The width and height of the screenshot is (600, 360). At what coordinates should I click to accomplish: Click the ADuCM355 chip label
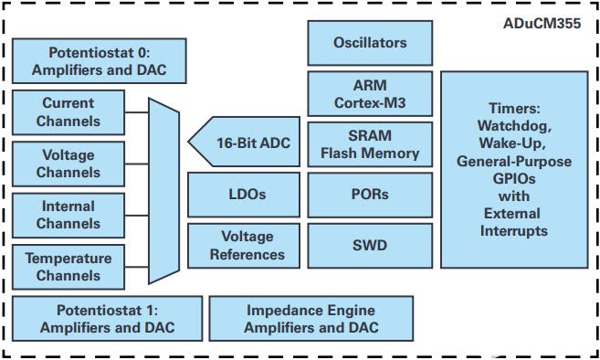pos(542,24)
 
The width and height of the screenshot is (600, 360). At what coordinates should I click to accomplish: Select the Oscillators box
pos(370,43)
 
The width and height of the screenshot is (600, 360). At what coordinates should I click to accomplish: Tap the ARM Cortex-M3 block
pos(370,93)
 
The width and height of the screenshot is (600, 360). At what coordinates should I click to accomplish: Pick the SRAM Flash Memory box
pos(370,144)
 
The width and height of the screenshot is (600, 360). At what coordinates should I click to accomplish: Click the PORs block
pos(370,195)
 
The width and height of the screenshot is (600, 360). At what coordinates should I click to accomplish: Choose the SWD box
pos(370,246)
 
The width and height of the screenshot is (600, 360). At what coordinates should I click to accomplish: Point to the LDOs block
pos(244,195)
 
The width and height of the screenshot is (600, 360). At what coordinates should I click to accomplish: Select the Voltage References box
pos(244,246)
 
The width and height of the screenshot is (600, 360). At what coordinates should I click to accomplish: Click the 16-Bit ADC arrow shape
pos(244,142)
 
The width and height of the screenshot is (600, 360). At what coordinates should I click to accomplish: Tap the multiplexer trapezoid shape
pos(163,191)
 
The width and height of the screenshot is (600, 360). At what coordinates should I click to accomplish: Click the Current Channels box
pos(68,112)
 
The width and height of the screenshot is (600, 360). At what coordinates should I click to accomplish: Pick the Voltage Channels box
pos(68,164)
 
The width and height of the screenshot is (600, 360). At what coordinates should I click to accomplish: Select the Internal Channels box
pos(68,216)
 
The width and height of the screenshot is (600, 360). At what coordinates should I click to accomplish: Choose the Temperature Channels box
pos(68,267)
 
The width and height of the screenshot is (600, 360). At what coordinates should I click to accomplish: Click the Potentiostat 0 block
pos(100,61)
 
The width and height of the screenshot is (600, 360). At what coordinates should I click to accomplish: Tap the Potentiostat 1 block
pos(108,318)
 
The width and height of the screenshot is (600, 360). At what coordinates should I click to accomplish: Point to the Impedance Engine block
pos(311,318)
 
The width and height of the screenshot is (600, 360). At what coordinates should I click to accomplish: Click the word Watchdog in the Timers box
pos(514,125)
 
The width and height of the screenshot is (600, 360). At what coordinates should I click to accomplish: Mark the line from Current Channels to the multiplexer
pos(137,112)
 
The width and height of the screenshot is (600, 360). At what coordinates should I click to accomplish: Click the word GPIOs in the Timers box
pos(514,179)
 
